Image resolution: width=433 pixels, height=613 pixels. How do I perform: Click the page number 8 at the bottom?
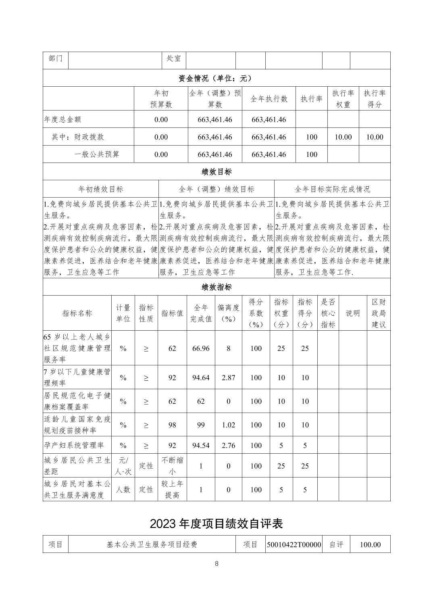coord(216,564)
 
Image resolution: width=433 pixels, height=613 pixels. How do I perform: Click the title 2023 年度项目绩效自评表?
coord(216,523)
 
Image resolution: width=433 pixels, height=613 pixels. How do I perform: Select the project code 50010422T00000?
coord(294,544)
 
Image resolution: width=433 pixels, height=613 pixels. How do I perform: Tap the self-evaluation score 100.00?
coord(370,544)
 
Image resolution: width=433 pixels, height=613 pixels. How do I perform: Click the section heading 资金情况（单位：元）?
coord(216,78)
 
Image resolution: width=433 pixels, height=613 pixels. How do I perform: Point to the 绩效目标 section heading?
coord(216,172)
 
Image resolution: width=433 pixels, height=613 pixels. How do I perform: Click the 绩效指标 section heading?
coord(216,287)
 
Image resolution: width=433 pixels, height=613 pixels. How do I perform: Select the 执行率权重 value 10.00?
coord(343,137)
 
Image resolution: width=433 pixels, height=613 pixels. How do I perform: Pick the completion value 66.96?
coord(201,348)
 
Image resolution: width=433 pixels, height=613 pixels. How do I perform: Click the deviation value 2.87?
coord(228,377)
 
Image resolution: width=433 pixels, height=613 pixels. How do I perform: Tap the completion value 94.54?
coord(201,445)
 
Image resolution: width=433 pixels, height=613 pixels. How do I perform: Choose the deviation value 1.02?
coord(228,425)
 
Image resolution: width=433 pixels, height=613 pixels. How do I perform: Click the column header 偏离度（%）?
coord(228,313)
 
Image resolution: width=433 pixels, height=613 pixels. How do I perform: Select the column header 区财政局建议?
coord(379,313)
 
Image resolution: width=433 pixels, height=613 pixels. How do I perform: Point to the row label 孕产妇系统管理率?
coord(74,445)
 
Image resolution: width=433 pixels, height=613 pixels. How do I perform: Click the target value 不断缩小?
coord(172,466)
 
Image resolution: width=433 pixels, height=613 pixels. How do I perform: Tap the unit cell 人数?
coord(123,490)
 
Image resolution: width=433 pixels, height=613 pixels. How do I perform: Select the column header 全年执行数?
coord(269,99)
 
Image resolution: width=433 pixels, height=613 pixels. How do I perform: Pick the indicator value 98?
coord(172,425)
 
